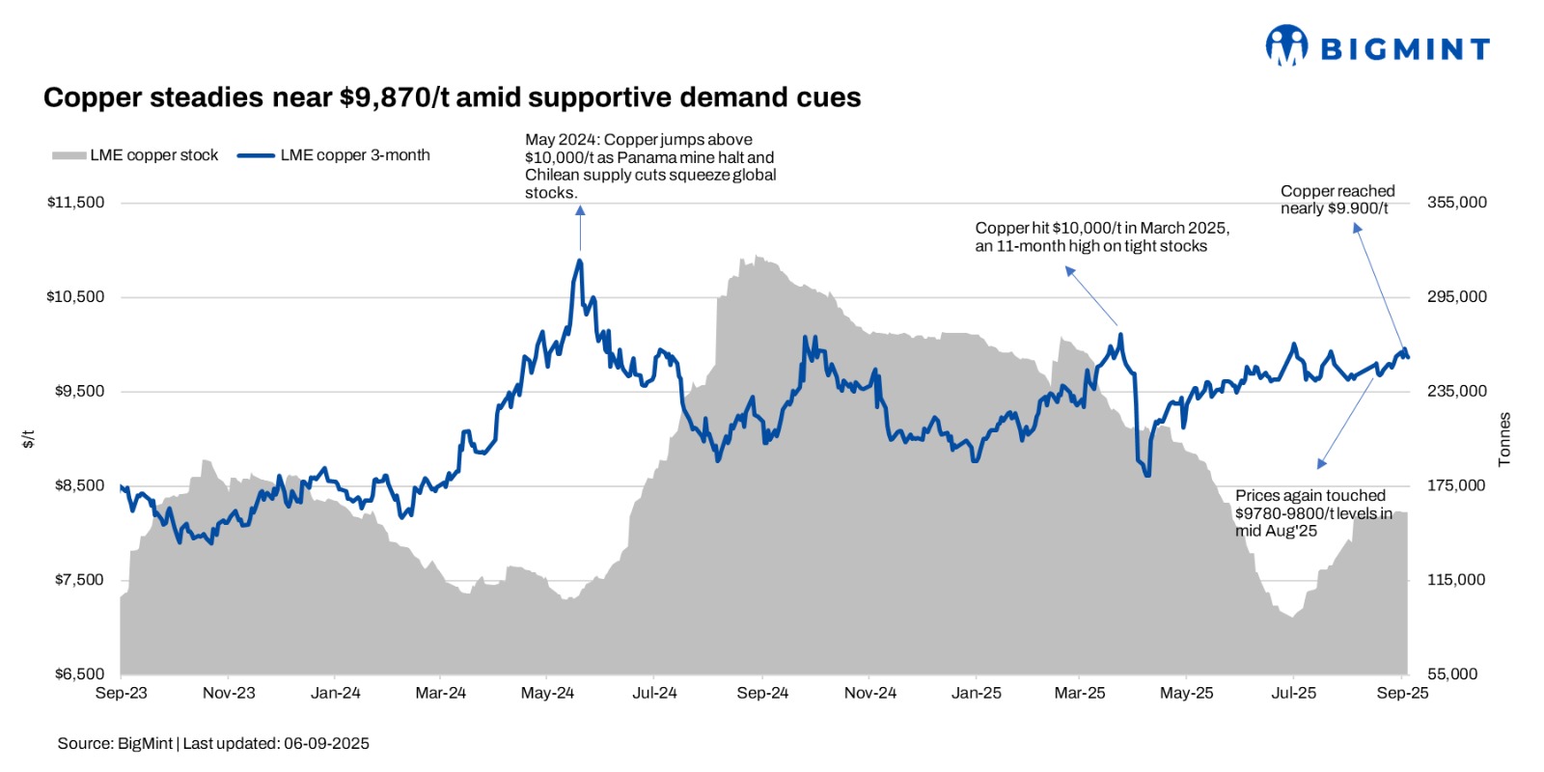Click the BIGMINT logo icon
(x=1286, y=45)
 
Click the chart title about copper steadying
(x=452, y=97)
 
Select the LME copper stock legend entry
(x=136, y=155)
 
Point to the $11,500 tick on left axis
(x=75, y=203)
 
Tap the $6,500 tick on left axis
(x=79, y=674)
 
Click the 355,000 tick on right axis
(x=1456, y=203)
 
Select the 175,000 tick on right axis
(x=1456, y=485)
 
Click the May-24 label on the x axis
(x=547, y=693)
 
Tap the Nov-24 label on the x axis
(x=870, y=693)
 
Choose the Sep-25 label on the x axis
(x=1402, y=693)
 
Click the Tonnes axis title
(x=1504, y=440)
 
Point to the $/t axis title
(x=29, y=439)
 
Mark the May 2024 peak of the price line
(x=579, y=260)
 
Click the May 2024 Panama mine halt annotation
(x=649, y=166)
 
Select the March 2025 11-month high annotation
(x=1101, y=237)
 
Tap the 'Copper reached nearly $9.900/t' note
(x=1337, y=200)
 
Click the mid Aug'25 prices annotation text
(x=1313, y=513)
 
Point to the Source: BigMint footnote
(x=213, y=743)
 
